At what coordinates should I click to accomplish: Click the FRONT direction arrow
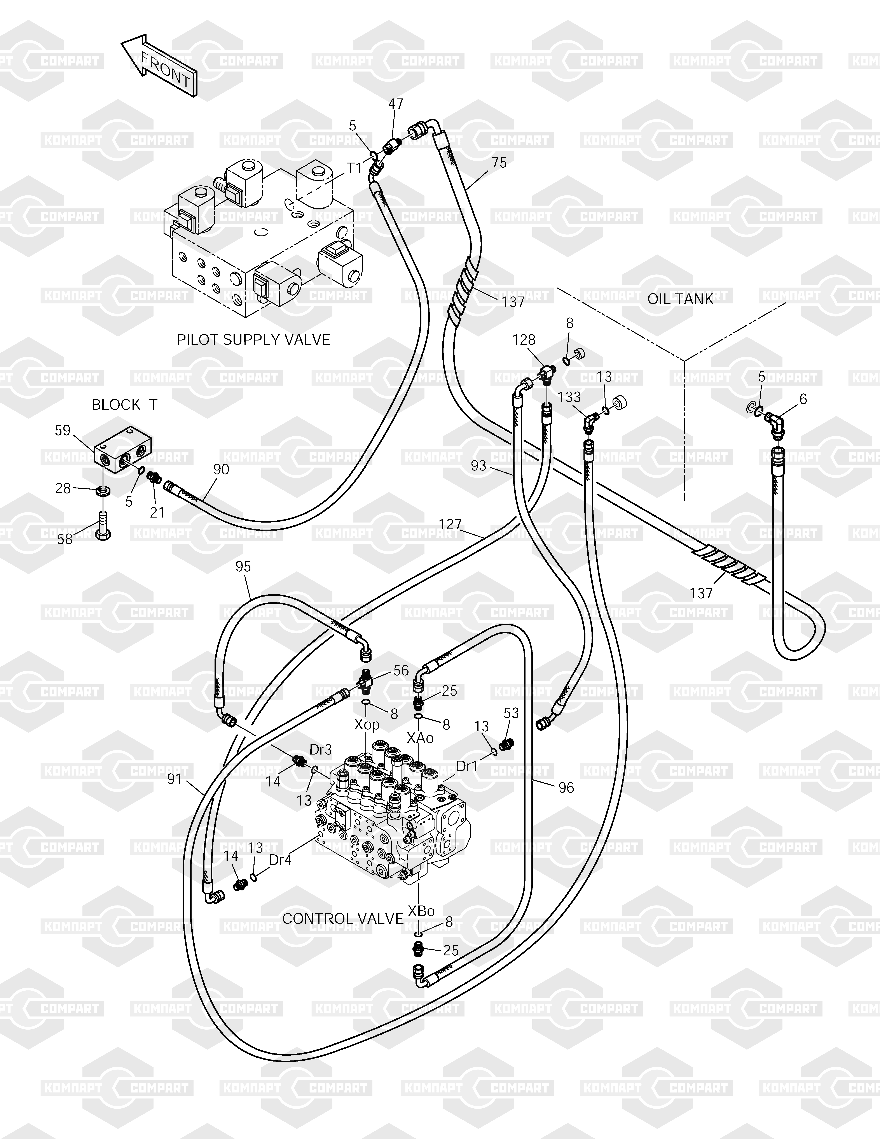pos(159,65)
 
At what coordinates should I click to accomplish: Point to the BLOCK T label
pos(124,405)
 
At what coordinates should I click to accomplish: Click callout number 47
pos(396,104)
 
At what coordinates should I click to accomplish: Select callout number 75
pos(499,163)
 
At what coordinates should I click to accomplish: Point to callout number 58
pos(65,539)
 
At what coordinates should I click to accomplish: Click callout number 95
pos(243,566)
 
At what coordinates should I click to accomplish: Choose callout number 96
pos(566,788)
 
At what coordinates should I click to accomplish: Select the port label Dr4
pos(280,860)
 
